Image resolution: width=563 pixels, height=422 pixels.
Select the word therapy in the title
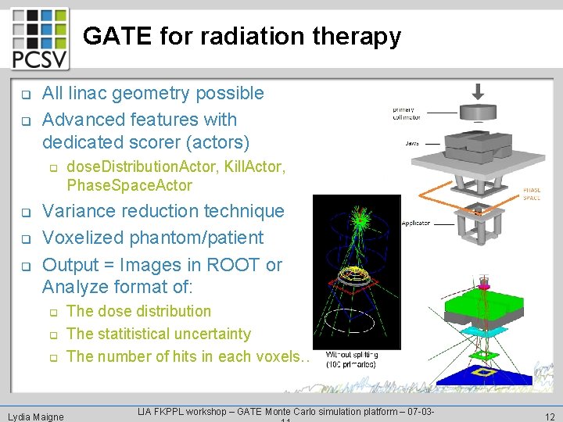358,37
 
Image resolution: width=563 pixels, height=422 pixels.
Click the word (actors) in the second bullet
213,142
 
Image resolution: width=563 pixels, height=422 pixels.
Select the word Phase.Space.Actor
129,185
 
